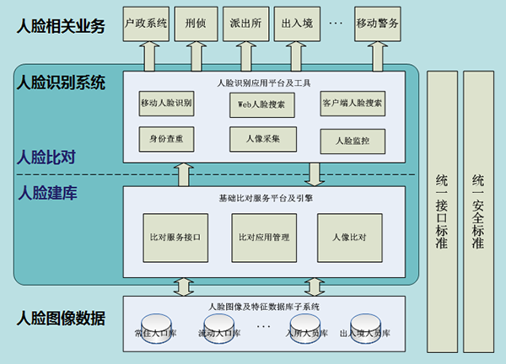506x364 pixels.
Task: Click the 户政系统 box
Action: (146, 24)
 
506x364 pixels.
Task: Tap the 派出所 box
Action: (245, 24)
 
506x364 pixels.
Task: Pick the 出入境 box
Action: (297, 24)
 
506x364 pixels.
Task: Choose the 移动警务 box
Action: (377, 24)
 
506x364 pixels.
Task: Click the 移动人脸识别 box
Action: (166, 104)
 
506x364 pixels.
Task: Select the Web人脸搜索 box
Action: (262, 105)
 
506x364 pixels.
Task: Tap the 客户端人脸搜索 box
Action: (353, 104)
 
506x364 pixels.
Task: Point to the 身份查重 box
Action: (166, 139)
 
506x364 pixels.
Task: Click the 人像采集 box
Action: (263, 139)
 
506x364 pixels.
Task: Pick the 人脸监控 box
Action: (353, 142)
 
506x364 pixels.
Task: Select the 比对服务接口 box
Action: (175, 238)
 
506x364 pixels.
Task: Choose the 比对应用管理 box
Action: (264, 238)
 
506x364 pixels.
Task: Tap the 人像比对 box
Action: (350, 238)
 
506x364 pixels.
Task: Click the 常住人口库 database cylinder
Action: (156, 329)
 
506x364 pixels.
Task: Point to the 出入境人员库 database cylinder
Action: (366, 329)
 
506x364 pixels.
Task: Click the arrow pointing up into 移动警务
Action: (378, 56)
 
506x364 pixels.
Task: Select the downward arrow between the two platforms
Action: (315, 174)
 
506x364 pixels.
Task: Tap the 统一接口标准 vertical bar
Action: (442, 211)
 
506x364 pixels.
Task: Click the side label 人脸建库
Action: (48, 193)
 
